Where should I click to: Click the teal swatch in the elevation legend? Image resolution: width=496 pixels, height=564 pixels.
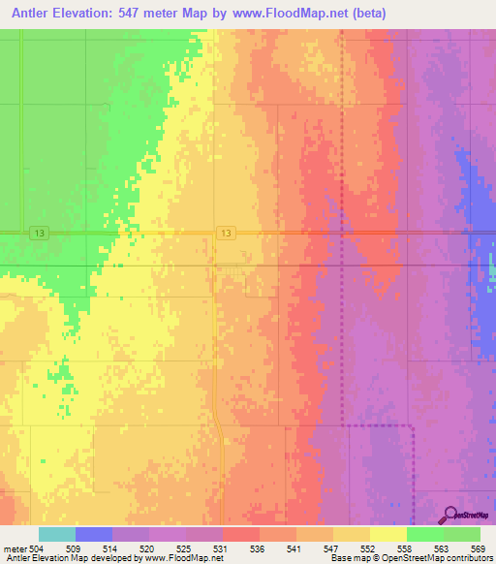pyautogui.click(x=57, y=534)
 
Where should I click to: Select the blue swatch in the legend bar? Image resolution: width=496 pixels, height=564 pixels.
pyautogui.click(x=94, y=534)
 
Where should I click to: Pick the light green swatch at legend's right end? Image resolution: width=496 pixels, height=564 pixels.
pyautogui.click(x=462, y=534)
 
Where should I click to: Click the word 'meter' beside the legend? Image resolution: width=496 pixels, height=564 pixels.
pyautogui.click(x=15, y=548)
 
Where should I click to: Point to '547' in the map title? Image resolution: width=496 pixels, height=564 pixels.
pyautogui.click(x=161, y=13)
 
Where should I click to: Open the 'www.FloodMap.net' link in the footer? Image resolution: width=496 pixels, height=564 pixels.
pyautogui.click(x=183, y=559)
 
